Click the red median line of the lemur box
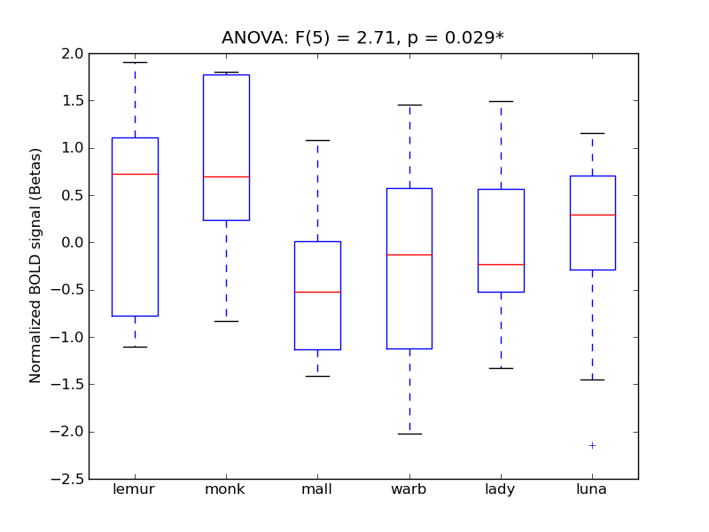point(135,174)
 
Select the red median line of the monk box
point(226,176)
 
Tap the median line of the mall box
point(317,292)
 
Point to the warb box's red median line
point(409,254)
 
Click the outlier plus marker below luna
point(592,445)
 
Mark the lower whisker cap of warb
point(409,434)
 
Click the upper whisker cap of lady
point(501,101)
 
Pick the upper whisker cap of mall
point(317,140)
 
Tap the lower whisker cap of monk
point(226,321)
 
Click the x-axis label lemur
point(135,489)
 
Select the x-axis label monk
point(226,489)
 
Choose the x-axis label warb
point(409,489)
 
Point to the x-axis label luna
point(592,489)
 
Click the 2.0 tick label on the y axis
point(73,53)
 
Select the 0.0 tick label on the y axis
point(73,242)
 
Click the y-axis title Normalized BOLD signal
point(35,266)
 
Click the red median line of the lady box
point(501,264)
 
